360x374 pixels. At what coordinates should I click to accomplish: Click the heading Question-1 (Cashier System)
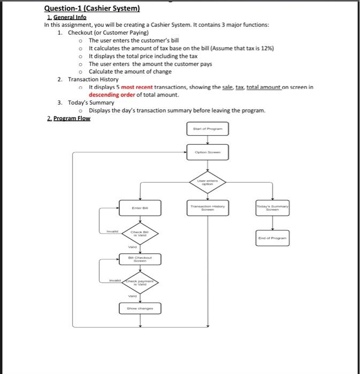click(91, 9)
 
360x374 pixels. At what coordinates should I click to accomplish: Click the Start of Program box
click(208, 128)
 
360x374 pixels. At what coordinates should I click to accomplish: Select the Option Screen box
click(208, 152)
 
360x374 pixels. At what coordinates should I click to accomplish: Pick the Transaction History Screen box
click(208, 208)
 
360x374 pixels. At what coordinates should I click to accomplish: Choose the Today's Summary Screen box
click(273, 208)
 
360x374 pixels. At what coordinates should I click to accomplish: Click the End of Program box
click(273, 238)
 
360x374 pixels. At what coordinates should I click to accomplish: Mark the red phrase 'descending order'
click(112, 95)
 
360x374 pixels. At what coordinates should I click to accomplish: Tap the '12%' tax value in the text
click(266, 48)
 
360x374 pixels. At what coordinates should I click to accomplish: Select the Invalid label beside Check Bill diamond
click(111, 231)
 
